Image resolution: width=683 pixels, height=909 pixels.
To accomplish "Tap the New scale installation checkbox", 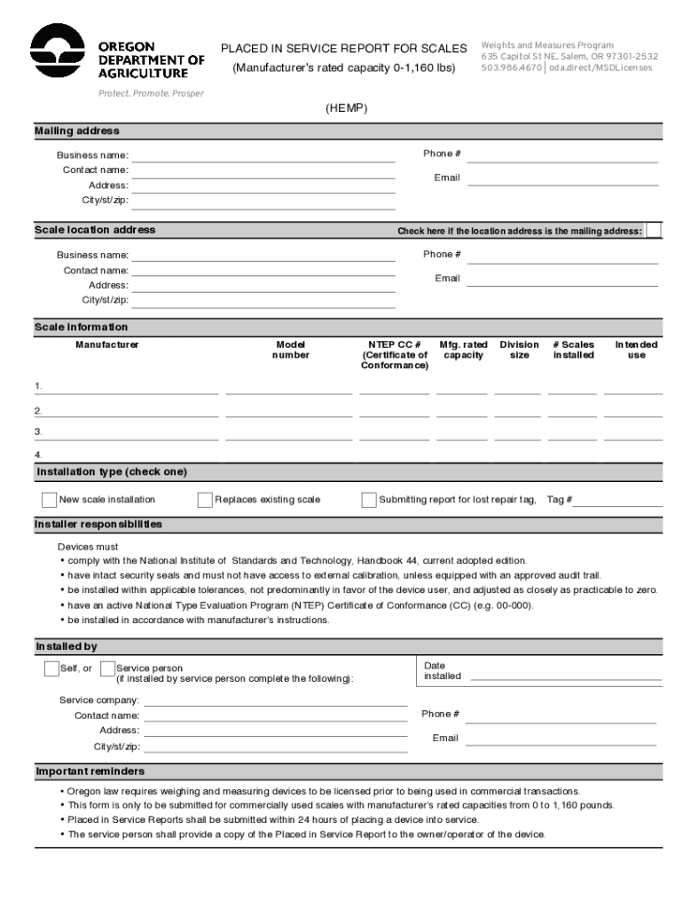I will pyautogui.click(x=49, y=500).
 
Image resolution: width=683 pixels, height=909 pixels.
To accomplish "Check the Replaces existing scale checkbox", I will pyautogui.click(x=205, y=500).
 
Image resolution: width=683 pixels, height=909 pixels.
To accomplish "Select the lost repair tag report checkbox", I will pyautogui.click(x=369, y=500).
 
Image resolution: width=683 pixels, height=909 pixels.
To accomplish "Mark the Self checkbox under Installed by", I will pyautogui.click(x=51, y=668).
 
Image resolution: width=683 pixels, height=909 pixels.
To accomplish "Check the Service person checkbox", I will pyautogui.click(x=108, y=668).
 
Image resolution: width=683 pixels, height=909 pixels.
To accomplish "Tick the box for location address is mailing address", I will pyautogui.click(x=654, y=231).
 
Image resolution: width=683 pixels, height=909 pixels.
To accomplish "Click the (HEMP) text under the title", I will pyautogui.click(x=346, y=108).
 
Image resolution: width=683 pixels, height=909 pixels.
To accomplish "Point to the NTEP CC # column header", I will pyautogui.click(x=394, y=354).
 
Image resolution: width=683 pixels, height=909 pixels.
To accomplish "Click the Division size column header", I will pyautogui.click(x=519, y=350).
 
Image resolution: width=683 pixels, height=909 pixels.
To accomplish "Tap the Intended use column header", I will pyautogui.click(x=636, y=350).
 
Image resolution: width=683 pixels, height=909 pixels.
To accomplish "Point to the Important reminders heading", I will pyautogui.click(x=90, y=771).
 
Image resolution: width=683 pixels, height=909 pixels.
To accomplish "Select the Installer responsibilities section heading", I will pyautogui.click(x=98, y=525).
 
